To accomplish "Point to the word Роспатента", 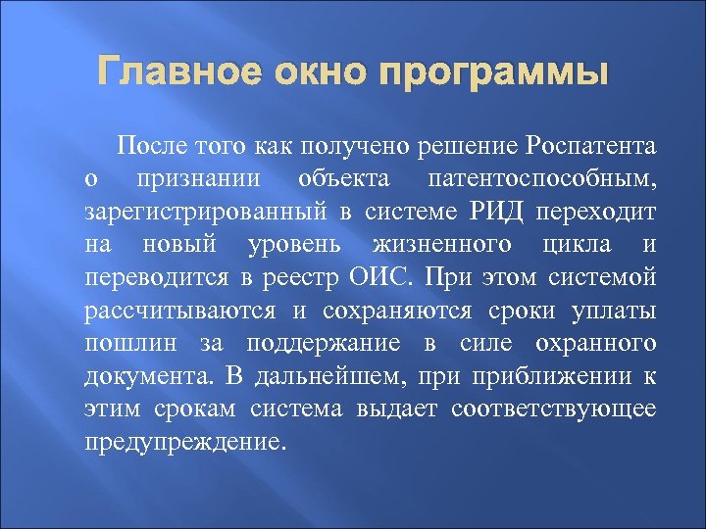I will [590, 148].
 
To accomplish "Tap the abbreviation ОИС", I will [380, 277].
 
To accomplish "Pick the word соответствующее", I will [554, 408].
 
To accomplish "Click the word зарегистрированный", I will [196, 213].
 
